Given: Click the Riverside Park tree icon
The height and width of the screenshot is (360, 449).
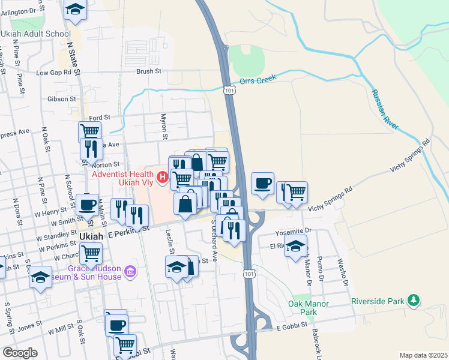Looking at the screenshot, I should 413,299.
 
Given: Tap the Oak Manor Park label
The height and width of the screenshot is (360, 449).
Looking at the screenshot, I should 309,308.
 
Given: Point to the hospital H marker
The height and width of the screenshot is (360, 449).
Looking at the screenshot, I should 161,176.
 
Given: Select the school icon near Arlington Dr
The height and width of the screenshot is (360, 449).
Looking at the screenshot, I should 75,9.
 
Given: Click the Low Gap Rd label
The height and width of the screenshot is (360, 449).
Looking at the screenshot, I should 58,73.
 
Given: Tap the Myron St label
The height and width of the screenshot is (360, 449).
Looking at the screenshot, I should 163,127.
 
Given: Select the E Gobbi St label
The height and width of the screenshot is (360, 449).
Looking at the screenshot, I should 292,327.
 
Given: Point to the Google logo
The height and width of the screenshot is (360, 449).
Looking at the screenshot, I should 20,353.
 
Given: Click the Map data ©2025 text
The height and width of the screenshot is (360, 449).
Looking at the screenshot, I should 423,355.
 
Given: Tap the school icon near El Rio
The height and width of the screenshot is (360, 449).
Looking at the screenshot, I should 295,246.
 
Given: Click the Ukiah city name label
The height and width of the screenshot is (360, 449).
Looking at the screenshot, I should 92,236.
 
